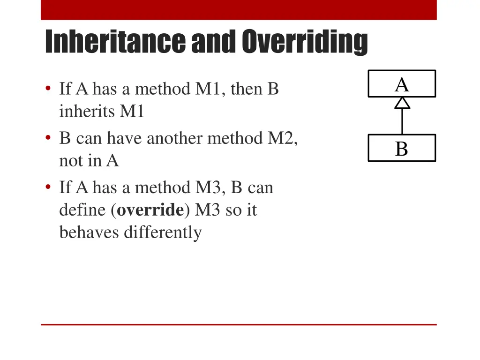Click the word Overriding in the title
(x=305, y=43)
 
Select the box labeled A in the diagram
(x=402, y=84)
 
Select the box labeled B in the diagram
(x=402, y=148)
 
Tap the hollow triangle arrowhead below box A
(x=402, y=103)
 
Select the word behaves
(x=90, y=232)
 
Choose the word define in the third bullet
(x=82, y=210)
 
